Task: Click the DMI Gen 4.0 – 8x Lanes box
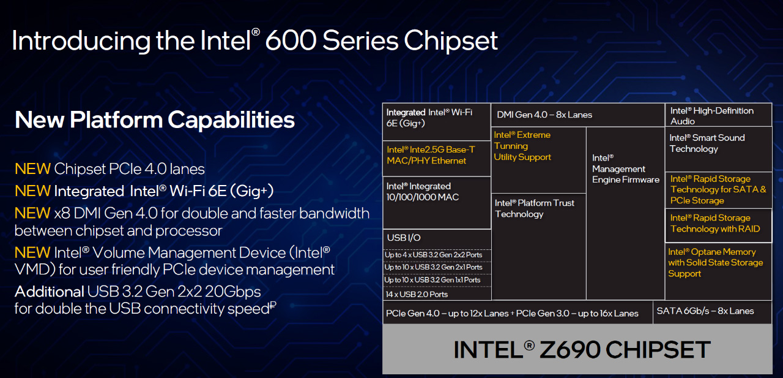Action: (578, 115)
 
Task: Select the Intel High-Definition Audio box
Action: (718, 115)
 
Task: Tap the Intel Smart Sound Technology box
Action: (718, 149)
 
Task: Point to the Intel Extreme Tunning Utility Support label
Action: (522, 146)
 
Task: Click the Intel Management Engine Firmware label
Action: (626, 168)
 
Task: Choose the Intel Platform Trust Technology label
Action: (535, 208)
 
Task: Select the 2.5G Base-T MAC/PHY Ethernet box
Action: (437, 159)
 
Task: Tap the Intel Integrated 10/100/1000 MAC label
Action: (423, 191)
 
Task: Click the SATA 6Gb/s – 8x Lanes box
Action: (713, 312)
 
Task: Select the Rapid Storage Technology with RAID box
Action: (718, 225)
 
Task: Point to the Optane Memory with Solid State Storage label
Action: (715, 262)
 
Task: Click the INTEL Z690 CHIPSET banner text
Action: (582, 349)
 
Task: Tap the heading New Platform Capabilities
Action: (155, 120)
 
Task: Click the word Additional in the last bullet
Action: (50, 292)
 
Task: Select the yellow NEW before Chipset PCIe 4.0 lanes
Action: (32, 169)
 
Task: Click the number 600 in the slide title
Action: (291, 40)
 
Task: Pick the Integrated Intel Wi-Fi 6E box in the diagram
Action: (437, 122)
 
